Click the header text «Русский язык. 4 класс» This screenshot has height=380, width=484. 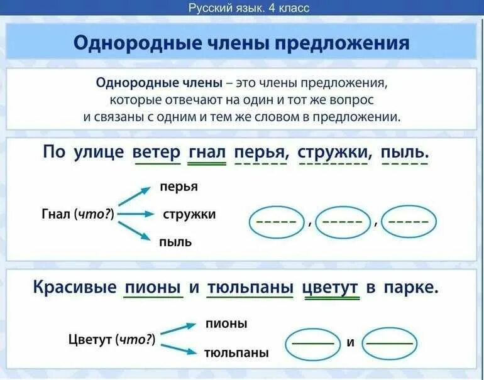click(x=249, y=8)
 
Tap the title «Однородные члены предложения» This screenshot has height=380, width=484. click(x=241, y=43)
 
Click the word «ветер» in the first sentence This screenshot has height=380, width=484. click(x=157, y=152)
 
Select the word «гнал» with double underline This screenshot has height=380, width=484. click(x=207, y=152)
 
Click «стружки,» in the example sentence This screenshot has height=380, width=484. click(x=334, y=152)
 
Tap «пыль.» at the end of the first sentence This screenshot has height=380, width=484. click(x=405, y=152)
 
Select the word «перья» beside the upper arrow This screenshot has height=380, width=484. click(x=179, y=187)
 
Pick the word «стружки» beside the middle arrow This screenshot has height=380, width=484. click(x=189, y=214)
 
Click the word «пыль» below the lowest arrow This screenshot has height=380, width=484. click(x=175, y=242)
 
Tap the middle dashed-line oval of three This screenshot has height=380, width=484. click(x=343, y=222)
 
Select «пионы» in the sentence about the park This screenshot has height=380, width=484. click(x=153, y=288)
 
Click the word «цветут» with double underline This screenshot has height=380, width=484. click(x=331, y=288)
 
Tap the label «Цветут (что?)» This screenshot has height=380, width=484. click(x=112, y=340)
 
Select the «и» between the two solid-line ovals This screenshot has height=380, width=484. click(x=351, y=343)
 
